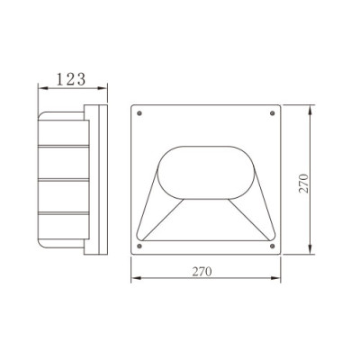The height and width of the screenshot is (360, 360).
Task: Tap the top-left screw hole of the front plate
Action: (138, 113)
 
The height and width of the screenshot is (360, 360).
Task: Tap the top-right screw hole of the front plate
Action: (273, 113)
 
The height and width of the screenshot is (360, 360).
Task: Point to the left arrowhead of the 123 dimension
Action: (40, 89)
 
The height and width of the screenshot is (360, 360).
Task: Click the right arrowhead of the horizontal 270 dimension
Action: (277, 282)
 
